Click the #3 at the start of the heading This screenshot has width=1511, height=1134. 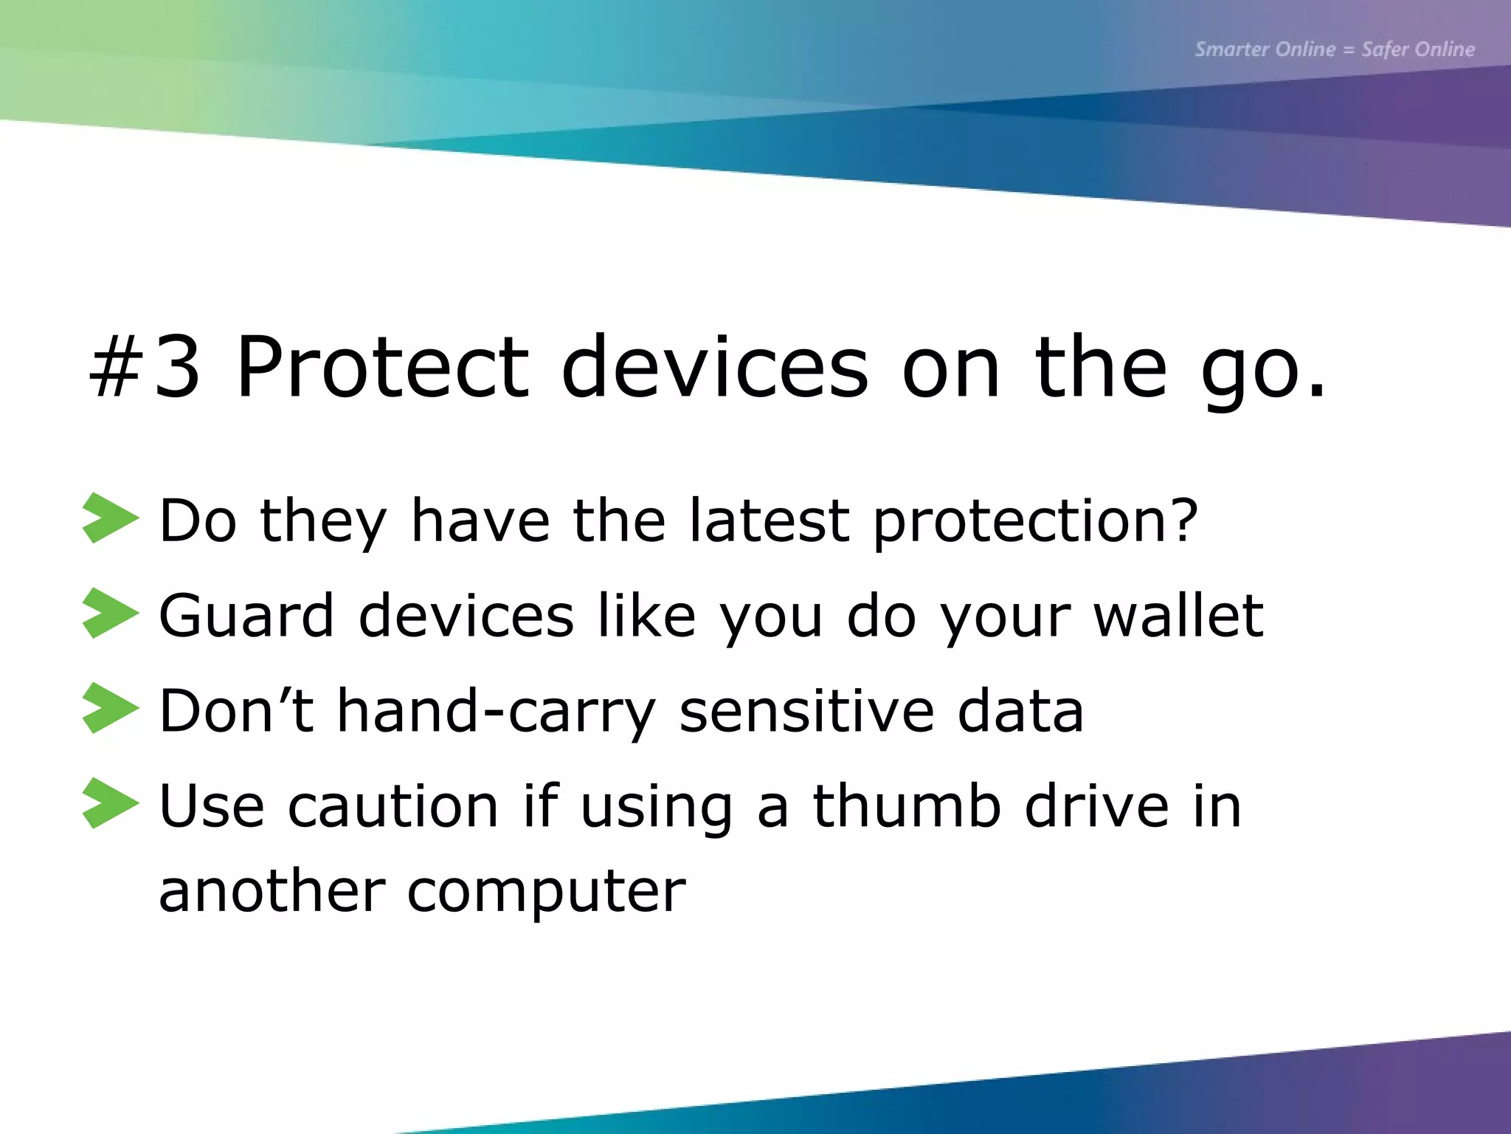tap(145, 367)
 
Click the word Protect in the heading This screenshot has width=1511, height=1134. tap(381, 367)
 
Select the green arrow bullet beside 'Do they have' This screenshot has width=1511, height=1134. tap(110, 518)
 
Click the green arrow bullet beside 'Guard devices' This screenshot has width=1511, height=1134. tap(110, 614)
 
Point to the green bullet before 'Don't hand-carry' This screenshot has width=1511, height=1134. tap(110, 708)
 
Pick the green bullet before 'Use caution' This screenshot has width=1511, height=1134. tap(110, 803)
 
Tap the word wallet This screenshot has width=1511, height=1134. tap(1178, 615)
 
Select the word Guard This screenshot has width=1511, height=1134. tap(246, 615)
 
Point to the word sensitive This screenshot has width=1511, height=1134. tap(806, 710)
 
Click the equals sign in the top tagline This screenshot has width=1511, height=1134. tap(1349, 50)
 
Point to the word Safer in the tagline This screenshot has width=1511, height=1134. tap(1385, 49)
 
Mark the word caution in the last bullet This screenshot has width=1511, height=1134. tap(393, 806)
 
